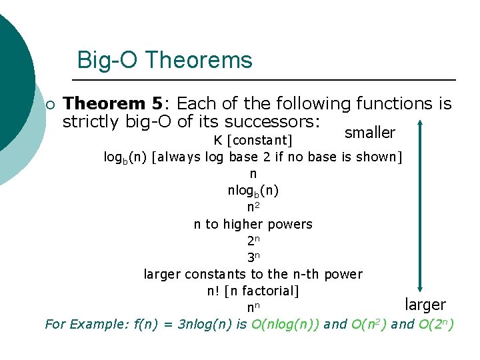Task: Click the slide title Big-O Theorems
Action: pyautogui.click(x=165, y=60)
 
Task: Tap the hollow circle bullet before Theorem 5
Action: pyautogui.click(x=50, y=105)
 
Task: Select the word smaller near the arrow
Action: pyautogui.click(x=369, y=133)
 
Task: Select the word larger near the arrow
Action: pyautogui.click(x=425, y=305)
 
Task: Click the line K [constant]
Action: pyautogui.click(x=253, y=141)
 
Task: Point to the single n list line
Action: pyautogui.click(x=253, y=174)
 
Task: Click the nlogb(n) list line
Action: pyautogui.click(x=253, y=191)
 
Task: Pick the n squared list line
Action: pyautogui.click(x=253, y=207)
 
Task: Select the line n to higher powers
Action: pyautogui.click(x=253, y=224)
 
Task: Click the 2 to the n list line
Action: pyautogui.click(x=253, y=241)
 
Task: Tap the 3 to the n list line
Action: pyautogui.click(x=253, y=257)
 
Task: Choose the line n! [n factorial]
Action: pyautogui.click(x=253, y=291)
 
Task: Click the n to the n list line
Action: pyautogui.click(x=253, y=307)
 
